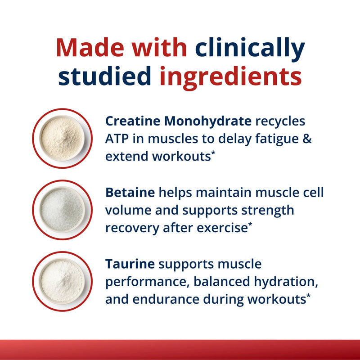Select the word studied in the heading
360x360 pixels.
(104, 77)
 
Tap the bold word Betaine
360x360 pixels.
(130, 193)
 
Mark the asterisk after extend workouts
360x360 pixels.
(213, 154)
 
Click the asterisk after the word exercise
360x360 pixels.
(250, 225)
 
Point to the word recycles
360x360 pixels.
(280, 121)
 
